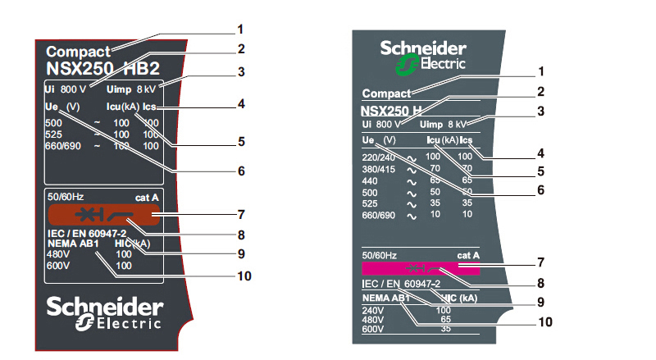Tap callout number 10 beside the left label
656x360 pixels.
tap(243, 276)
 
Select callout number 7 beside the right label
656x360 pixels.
tap(540, 263)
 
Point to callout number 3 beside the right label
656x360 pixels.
tap(540, 110)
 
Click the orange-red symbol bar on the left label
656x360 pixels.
tap(102, 216)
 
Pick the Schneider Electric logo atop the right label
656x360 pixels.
tap(423, 54)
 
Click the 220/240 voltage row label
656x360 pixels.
tap(380, 156)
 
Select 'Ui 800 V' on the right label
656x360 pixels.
tap(381, 124)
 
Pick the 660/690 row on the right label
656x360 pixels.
tap(378, 214)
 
